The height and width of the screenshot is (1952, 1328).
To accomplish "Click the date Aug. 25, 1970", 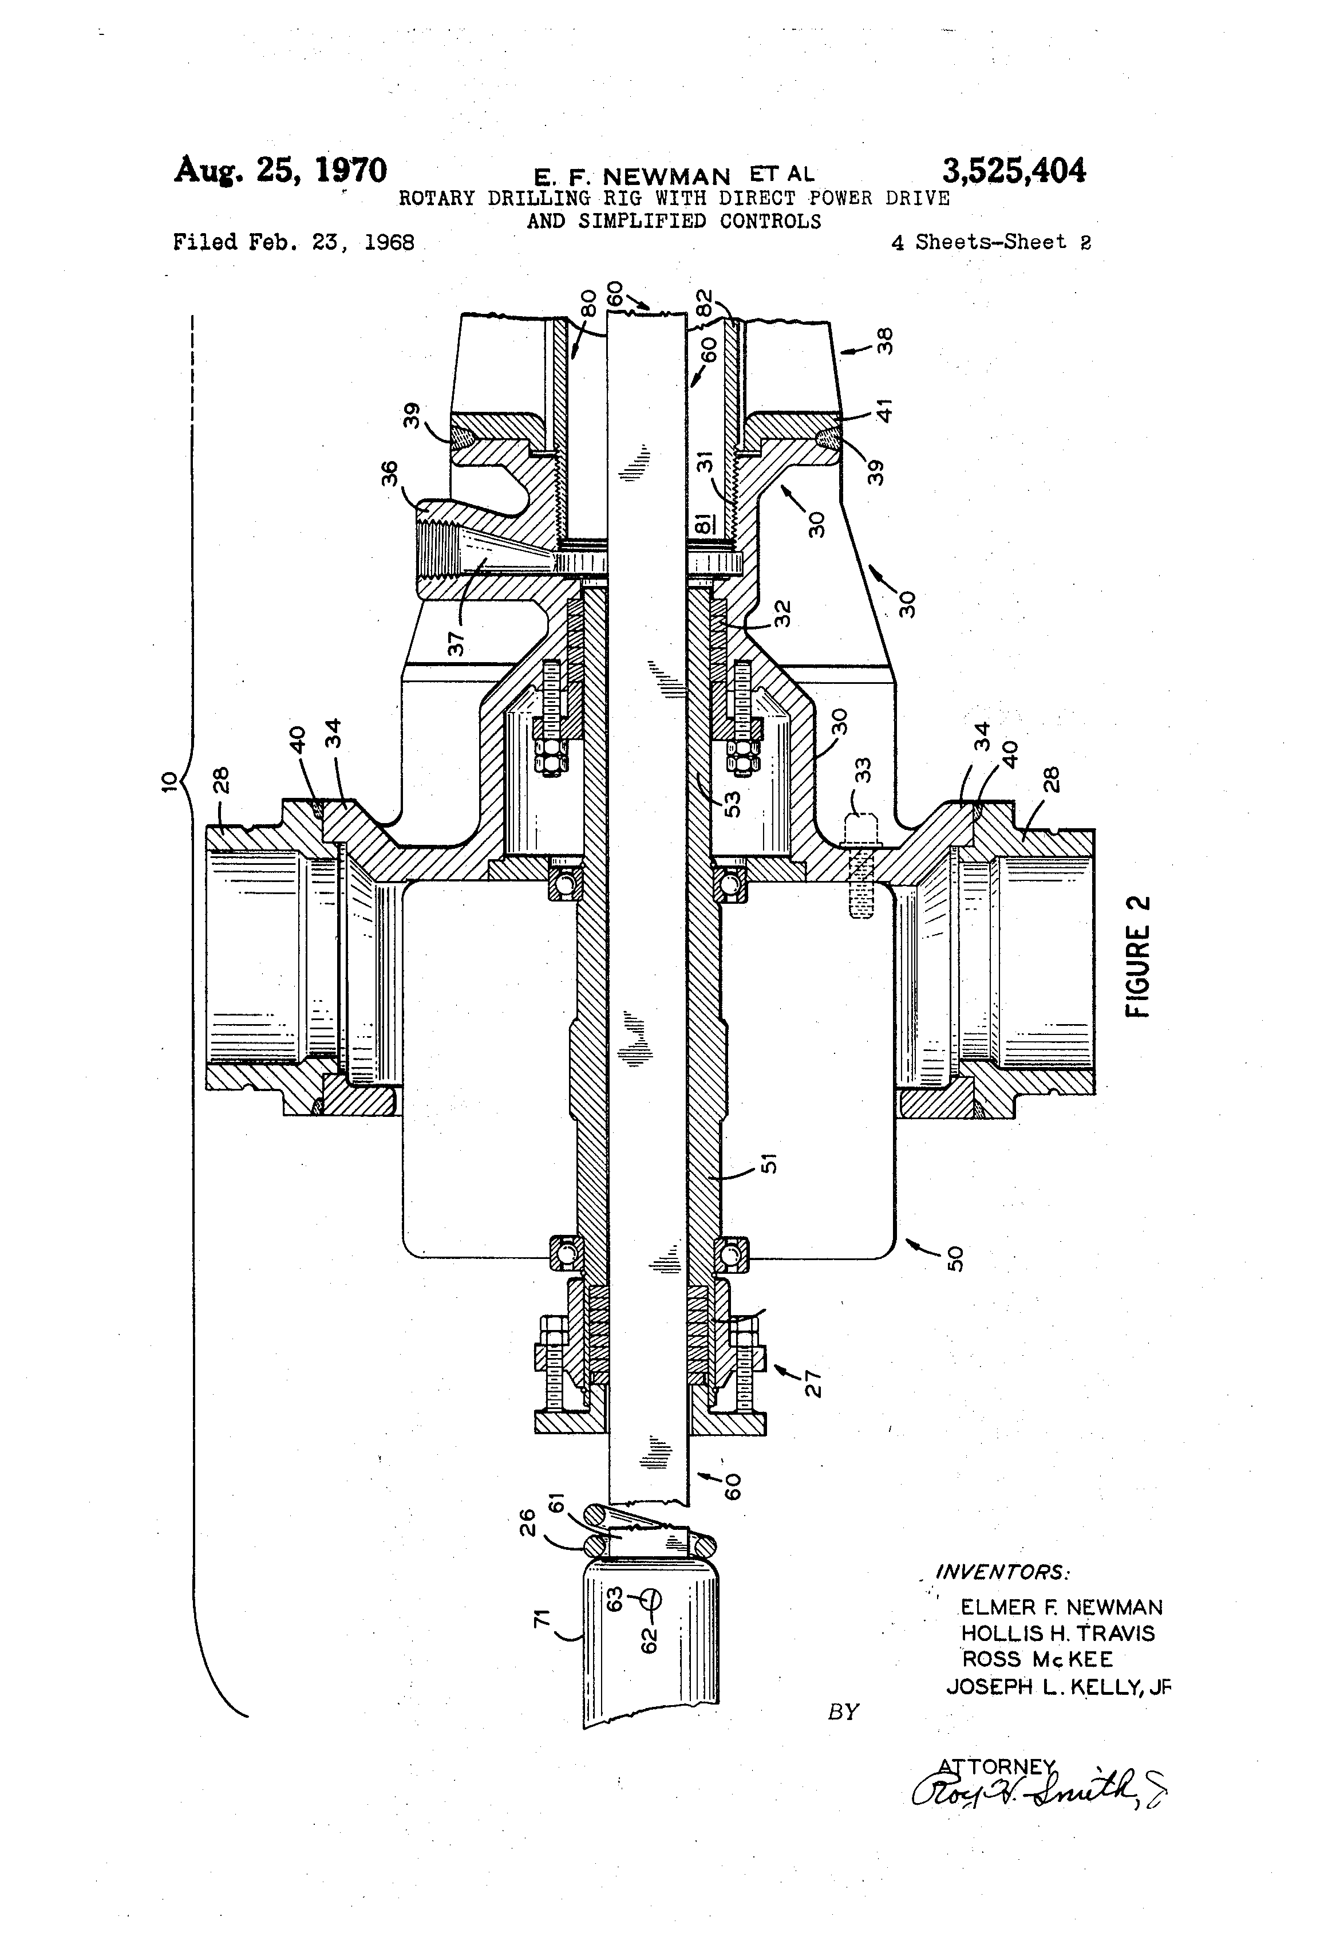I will click(280, 171).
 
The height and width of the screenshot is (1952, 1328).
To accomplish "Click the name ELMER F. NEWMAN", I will click(1061, 1608).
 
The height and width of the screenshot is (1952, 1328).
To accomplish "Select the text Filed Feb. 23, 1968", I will click(294, 243).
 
